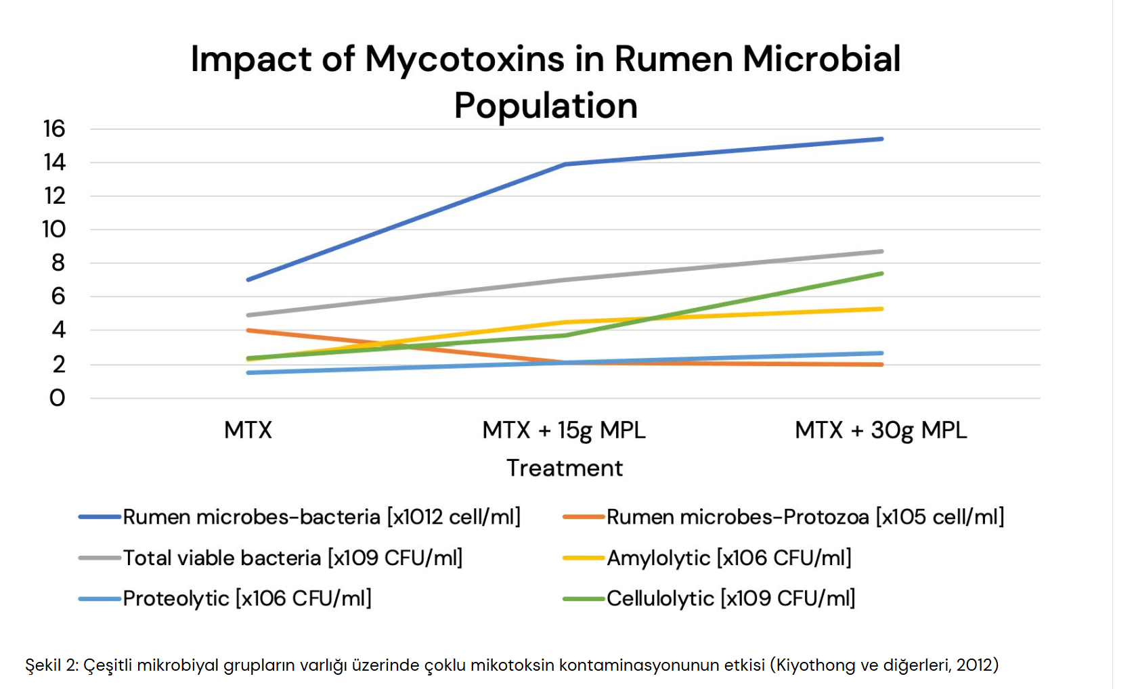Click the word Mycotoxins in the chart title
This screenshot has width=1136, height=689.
464,60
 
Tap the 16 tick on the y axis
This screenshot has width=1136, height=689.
54,129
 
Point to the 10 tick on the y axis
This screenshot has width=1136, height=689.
54,229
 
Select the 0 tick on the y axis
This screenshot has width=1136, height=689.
58,398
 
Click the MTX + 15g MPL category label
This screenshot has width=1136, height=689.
564,430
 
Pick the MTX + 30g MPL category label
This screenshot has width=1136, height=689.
881,430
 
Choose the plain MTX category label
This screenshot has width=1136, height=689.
248,430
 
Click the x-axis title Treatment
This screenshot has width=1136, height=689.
565,468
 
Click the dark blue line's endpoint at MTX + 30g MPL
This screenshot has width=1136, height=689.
881,139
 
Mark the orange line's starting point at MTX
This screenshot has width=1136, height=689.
248,330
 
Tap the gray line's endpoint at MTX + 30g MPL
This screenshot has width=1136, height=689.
881,251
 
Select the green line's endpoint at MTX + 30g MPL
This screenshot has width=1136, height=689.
881,273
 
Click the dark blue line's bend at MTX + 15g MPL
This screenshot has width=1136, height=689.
565,164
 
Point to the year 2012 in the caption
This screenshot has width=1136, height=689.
974,665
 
